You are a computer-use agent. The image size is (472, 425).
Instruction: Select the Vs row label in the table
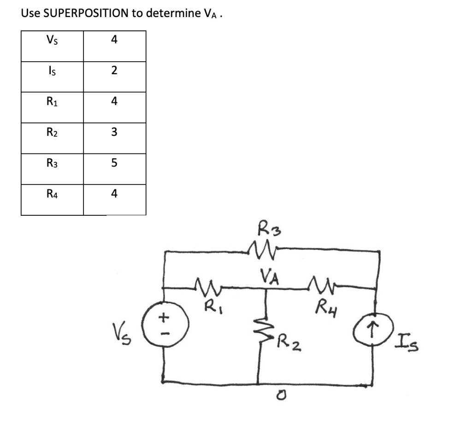[x=52, y=40]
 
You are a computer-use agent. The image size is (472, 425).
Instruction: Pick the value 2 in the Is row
[x=114, y=71]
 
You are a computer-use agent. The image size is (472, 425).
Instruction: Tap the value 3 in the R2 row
[x=114, y=132]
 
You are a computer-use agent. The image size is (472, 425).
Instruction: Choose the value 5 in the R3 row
[x=114, y=163]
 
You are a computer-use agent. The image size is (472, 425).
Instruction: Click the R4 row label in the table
[x=52, y=194]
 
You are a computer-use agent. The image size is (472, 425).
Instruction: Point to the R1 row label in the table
[x=52, y=101]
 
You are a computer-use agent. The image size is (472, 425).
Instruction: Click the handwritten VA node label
[x=269, y=277]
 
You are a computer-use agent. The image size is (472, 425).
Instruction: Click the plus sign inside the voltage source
[x=164, y=317]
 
